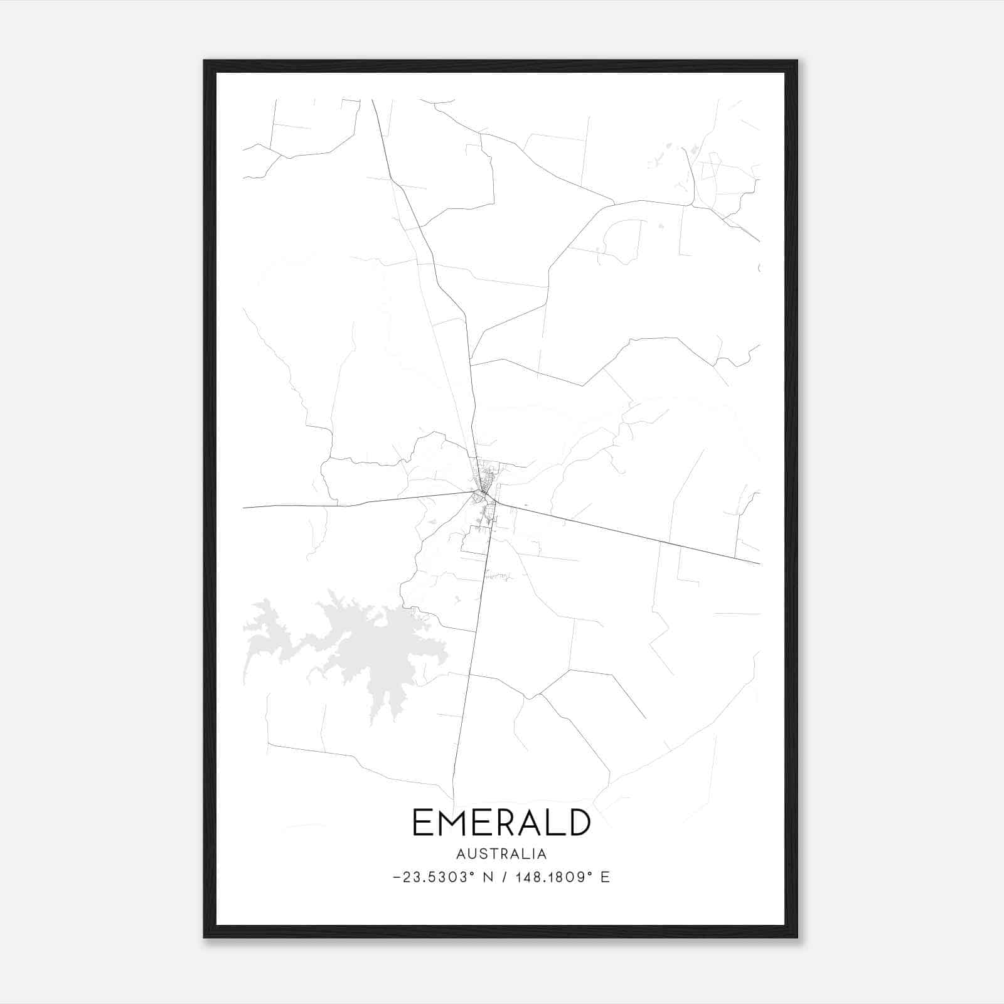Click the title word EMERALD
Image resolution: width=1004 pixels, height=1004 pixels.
(501, 823)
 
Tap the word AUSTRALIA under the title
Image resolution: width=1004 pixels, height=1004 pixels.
(501, 854)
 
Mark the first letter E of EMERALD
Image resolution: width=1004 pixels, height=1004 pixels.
(422, 823)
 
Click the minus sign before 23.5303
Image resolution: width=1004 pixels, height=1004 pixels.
(396, 878)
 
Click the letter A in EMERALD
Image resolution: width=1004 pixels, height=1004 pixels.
(531, 823)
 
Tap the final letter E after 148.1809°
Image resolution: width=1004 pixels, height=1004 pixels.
(606, 877)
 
